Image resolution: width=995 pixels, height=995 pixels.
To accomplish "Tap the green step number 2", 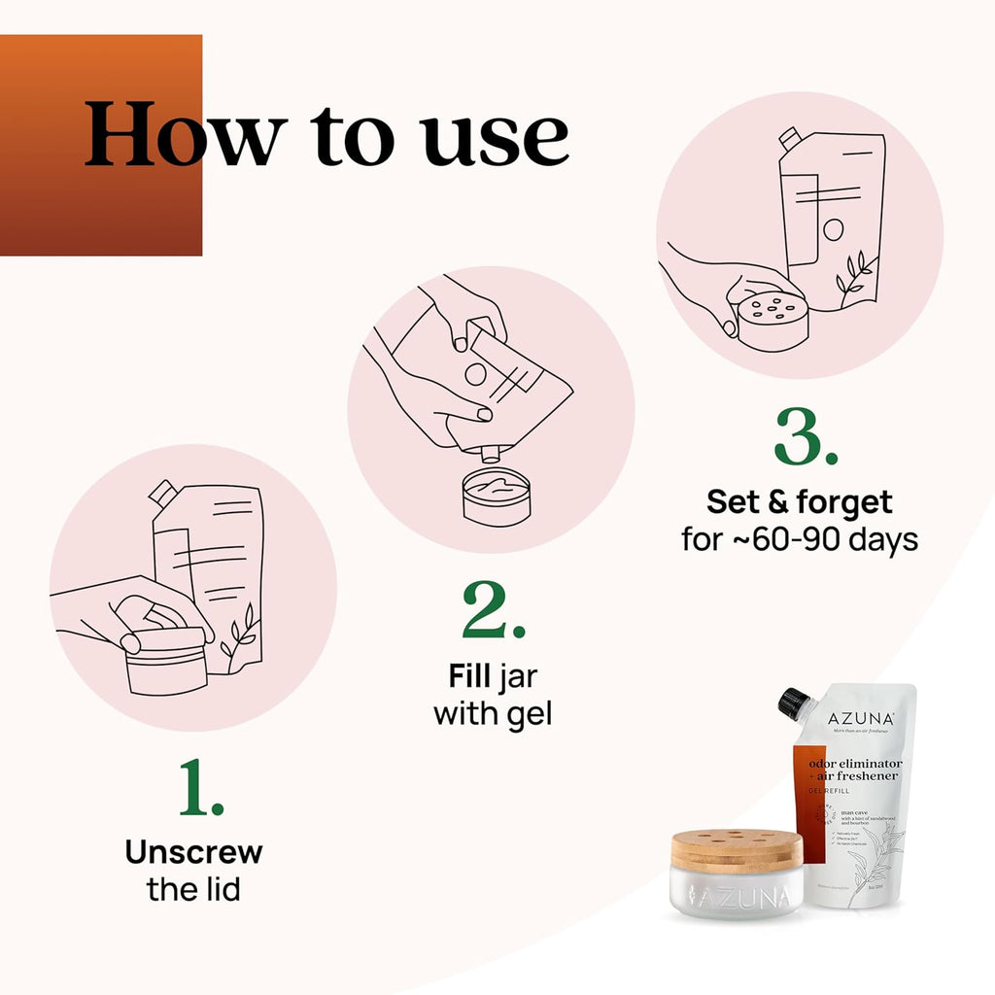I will click(x=494, y=611).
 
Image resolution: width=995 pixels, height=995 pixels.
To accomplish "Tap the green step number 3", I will click(x=806, y=438).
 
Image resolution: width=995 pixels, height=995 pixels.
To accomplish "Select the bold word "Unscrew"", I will click(x=193, y=852).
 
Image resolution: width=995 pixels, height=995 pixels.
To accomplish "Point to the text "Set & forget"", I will click(x=799, y=502).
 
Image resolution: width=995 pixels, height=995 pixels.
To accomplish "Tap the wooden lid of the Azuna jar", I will click(x=737, y=847).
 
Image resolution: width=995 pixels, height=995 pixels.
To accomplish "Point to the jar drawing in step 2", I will click(x=496, y=496).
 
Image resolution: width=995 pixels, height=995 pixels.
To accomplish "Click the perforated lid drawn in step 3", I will click(x=772, y=316).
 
